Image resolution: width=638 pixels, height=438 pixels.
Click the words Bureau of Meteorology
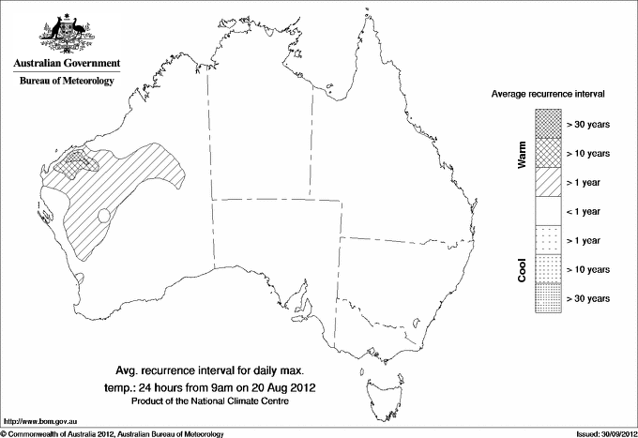(x=67, y=82)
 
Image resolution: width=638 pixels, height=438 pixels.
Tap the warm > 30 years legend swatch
(x=548, y=123)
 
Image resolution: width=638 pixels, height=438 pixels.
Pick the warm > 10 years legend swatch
(x=548, y=152)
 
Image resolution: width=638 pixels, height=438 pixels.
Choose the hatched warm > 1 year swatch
(x=548, y=181)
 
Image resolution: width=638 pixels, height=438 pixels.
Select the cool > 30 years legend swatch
(x=548, y=297)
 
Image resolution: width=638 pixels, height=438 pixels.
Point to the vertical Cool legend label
(x=522, y=269)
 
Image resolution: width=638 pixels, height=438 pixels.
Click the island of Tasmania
(x=381, y=386)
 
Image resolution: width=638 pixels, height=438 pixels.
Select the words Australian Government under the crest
(x=67, y=64)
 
